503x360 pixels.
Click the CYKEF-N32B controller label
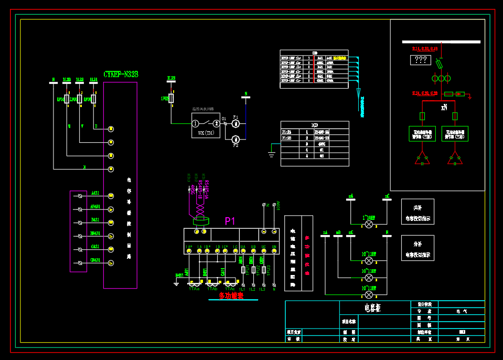121,75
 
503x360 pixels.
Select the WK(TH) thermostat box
206,125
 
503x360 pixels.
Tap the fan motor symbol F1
236,124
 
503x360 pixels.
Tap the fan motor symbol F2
236,139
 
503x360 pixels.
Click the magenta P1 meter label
230,221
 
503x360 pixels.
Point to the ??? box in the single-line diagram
421,60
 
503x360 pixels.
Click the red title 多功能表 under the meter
231,296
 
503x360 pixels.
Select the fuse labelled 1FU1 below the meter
242,269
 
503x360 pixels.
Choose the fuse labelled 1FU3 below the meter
263,269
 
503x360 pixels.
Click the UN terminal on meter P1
274,246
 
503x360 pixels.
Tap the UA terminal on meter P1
243,246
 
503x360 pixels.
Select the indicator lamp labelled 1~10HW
369,224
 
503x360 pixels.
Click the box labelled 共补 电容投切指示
418,211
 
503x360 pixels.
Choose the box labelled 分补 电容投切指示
418,248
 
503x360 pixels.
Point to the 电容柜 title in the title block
372,308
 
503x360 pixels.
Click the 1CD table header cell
315,125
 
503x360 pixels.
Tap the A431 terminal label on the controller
95,193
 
